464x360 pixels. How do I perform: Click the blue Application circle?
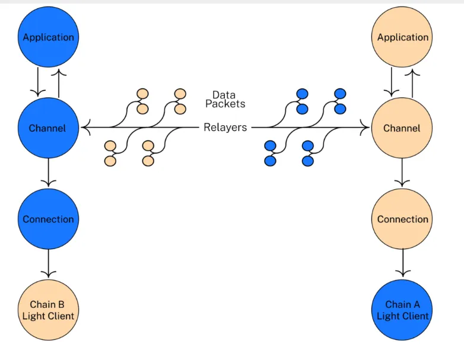pos(48,37)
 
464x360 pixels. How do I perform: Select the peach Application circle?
pos(403,37)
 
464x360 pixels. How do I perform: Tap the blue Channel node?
pos(48,128)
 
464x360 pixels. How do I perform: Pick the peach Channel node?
pos(402,128)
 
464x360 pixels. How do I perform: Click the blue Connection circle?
pos(48,219)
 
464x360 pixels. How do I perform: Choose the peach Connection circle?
pos(403,219)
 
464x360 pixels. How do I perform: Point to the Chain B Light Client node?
pos(48,310)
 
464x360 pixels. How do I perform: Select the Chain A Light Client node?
pos(403,310)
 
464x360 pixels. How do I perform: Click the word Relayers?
pos(225,128)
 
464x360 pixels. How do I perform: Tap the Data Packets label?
pos(225,100)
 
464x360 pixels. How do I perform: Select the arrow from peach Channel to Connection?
pos(403,173)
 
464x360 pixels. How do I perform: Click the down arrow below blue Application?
pos(37,82)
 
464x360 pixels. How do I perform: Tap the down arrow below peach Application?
pos(392,82)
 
